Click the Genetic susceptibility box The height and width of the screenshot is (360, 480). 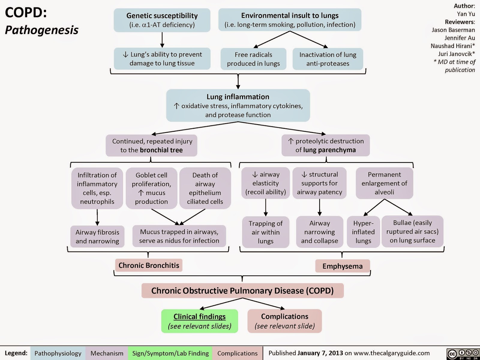(x=162, y=20)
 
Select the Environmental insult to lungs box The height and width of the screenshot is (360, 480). (x=290, y=20)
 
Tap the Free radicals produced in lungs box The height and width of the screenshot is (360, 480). (x=253, y=59)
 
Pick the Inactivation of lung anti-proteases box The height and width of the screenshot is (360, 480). (x=328, y=59)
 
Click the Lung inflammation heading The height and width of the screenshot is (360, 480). (x=238, y=97)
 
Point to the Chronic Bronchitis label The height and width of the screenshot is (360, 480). (x=149, y=265)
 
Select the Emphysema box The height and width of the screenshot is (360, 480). (x=343, y=266)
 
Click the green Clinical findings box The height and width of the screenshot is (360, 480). (x=199, y=321)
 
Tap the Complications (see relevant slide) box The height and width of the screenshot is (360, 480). (x=284, y=321)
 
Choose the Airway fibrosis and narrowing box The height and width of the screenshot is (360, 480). (x=97, y=236)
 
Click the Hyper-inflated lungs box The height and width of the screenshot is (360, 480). (x=363, y=232)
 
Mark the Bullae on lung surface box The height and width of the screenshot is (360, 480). (x=412, y=232)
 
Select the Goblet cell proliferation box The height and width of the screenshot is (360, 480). (x=151, y=188)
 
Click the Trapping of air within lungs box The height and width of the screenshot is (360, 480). (x=265, y=232)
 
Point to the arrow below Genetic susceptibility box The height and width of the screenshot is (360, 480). (x=162, y=40)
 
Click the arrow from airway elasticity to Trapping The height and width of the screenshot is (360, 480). (x=266, y=207)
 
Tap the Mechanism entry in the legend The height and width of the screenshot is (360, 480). (x=107, y=353)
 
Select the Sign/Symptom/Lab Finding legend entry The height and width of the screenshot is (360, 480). (x=170, y=353)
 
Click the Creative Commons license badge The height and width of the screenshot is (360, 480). (x=463, y=354)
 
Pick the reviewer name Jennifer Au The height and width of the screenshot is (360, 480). (x=459, y=38)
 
